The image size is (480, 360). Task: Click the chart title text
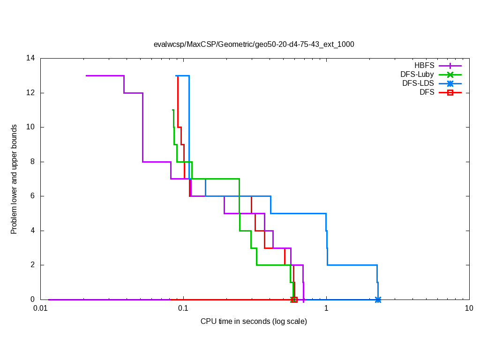pos(254,45)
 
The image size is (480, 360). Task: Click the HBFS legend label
pos(424,66)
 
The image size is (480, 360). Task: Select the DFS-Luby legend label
pos(417,75)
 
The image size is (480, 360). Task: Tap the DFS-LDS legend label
pos(418,83)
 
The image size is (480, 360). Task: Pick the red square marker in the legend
pos(450,93)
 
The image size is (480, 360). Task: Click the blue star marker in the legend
pos(450,83)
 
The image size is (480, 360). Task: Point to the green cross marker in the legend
pos(450,75)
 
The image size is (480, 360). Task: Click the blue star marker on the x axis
pos(378,300)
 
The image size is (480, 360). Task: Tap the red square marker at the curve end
pos(294,300)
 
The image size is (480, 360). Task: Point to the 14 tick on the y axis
pos(31,59)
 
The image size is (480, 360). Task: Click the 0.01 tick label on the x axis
pos(40,308)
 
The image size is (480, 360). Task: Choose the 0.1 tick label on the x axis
pos(183,308)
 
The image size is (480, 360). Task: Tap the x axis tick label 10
pos(469,308)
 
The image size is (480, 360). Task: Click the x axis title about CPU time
pos(254,322)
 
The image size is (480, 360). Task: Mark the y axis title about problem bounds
pos(15,179)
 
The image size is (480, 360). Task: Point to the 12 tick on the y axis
pos(31,93)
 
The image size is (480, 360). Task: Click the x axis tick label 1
pos(326,308)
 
